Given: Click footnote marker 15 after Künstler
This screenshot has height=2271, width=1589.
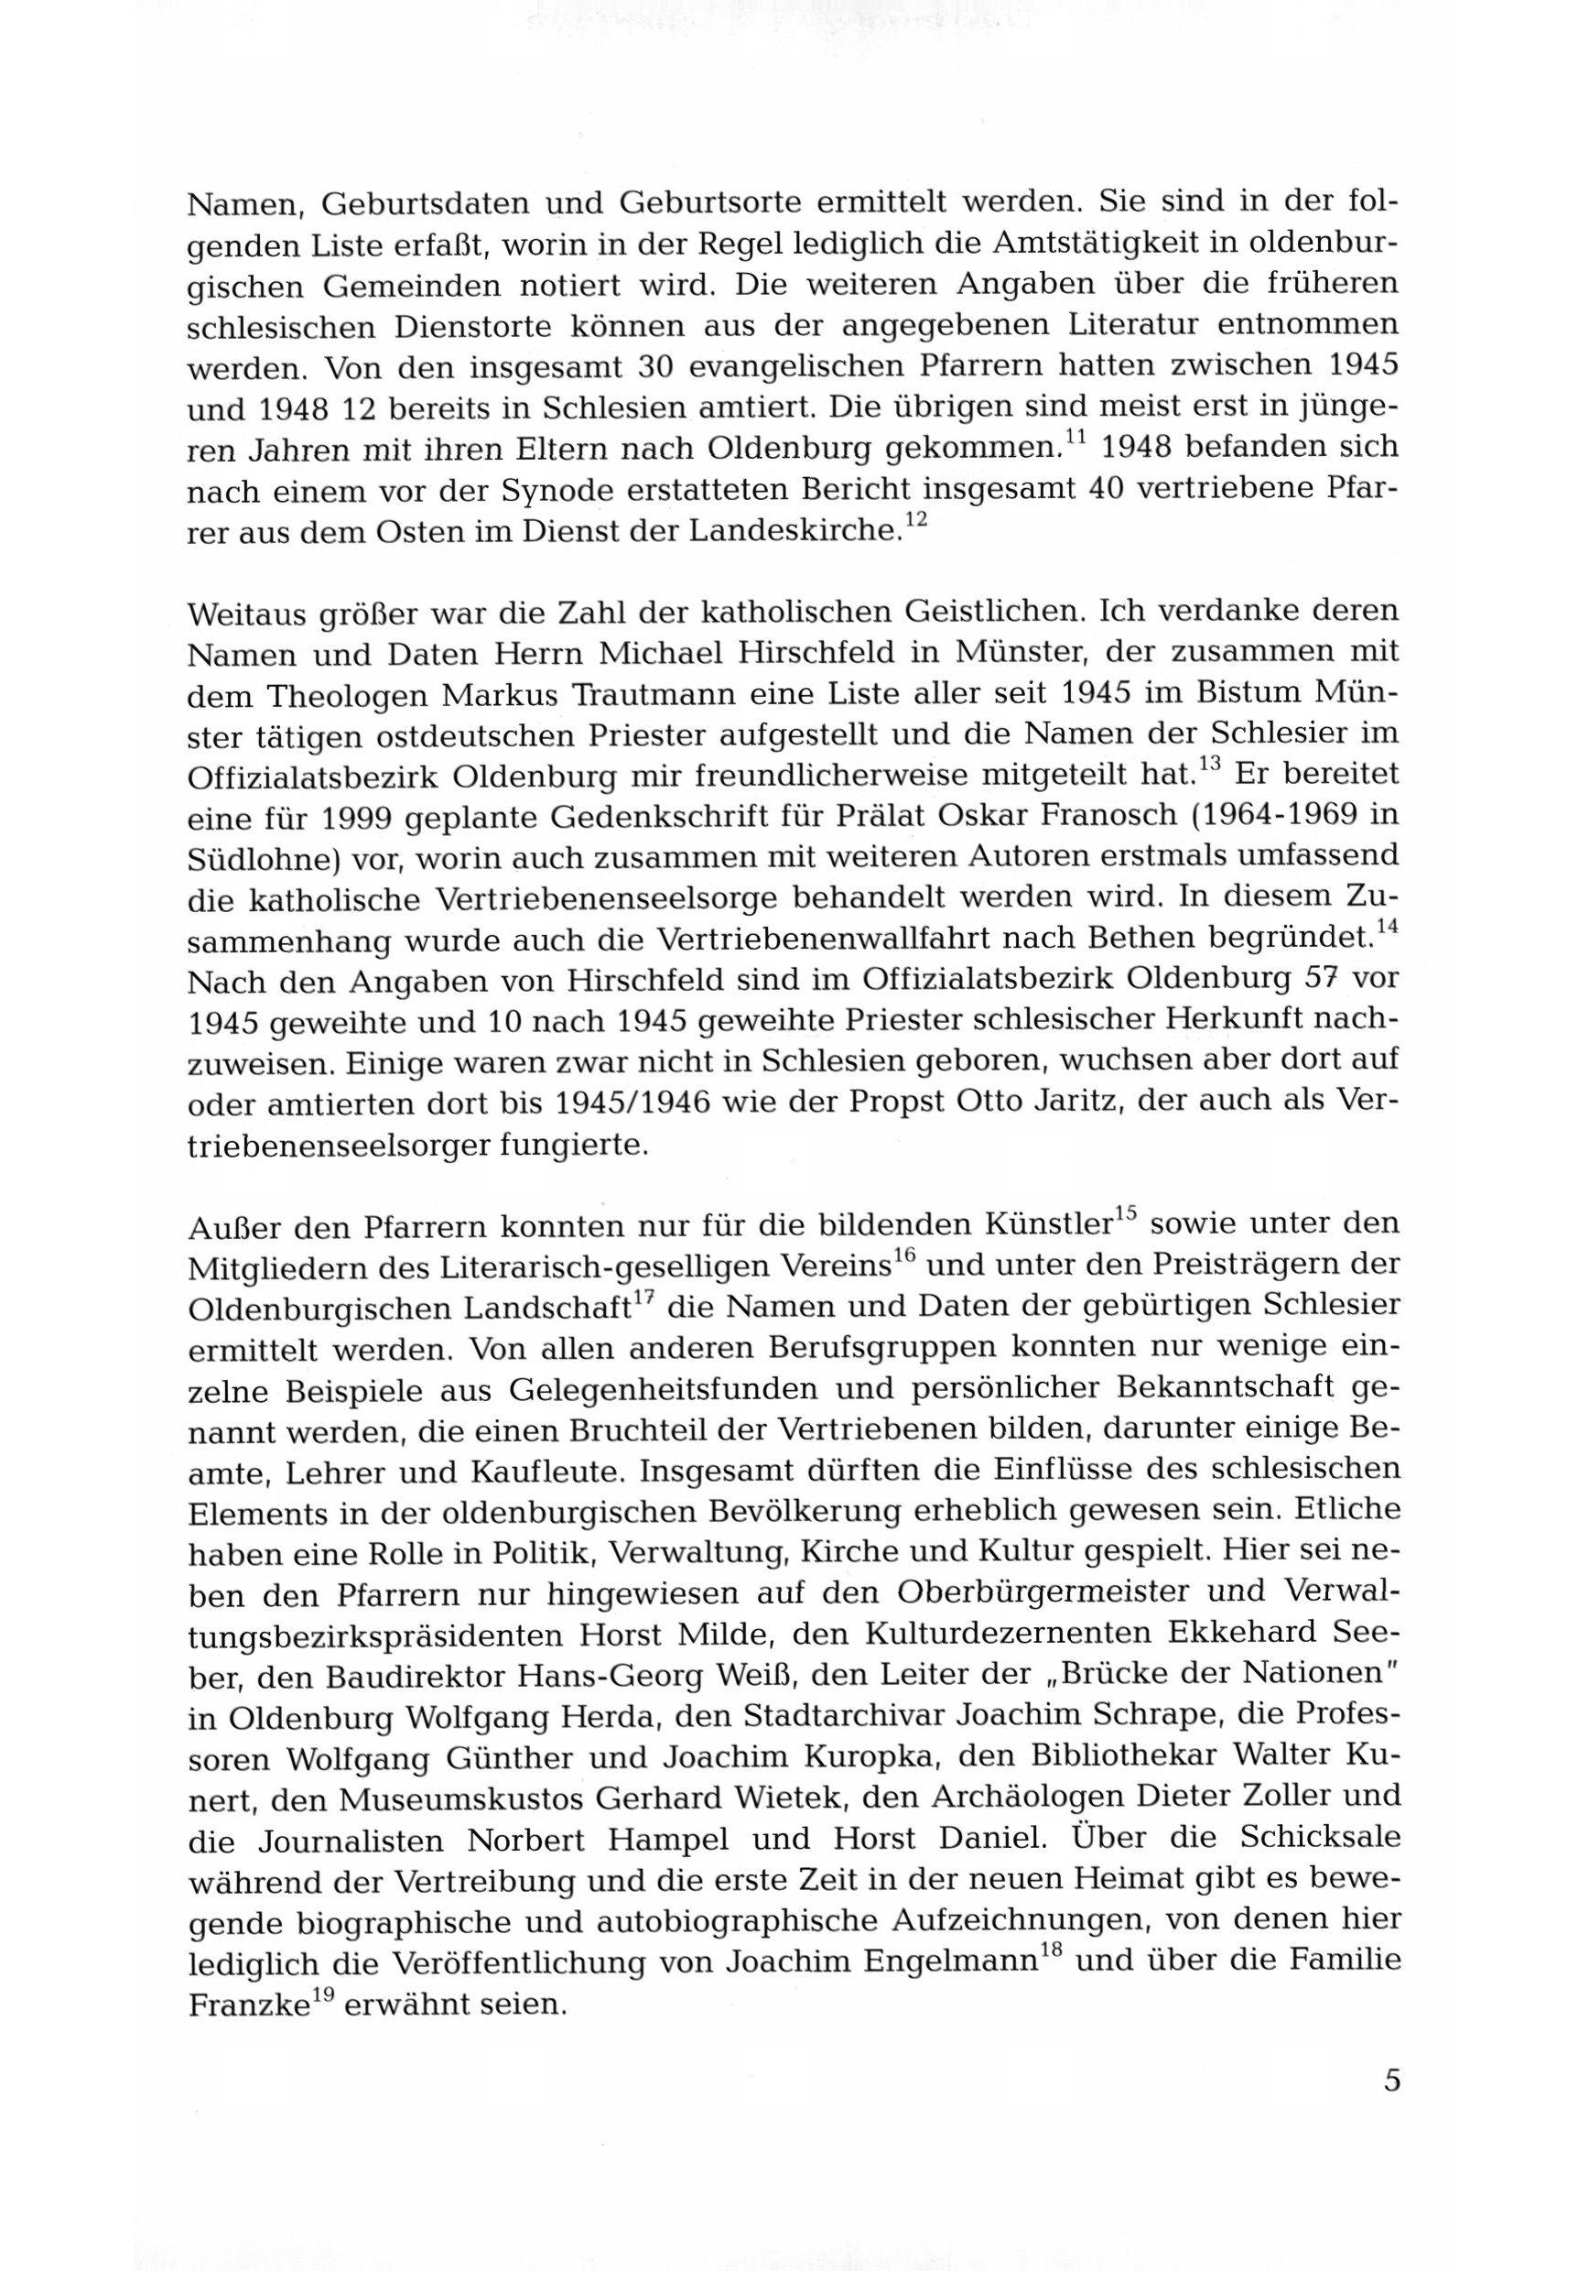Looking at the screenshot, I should coord(1128,1212).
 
